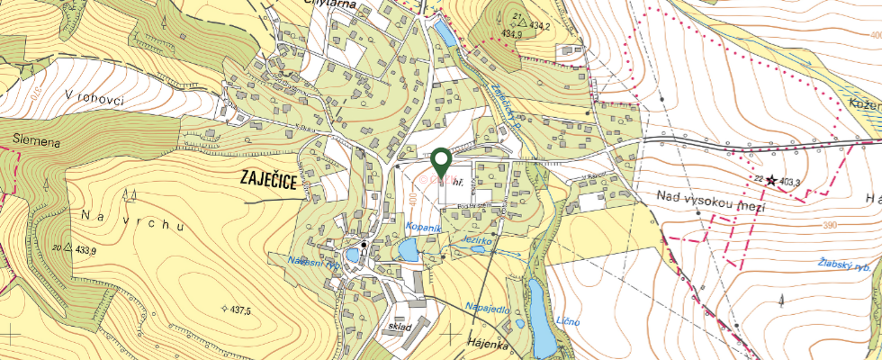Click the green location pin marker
click(x=441, y=162)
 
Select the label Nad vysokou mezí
click(x=698, y=202)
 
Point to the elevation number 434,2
click(x=538, y=26)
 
